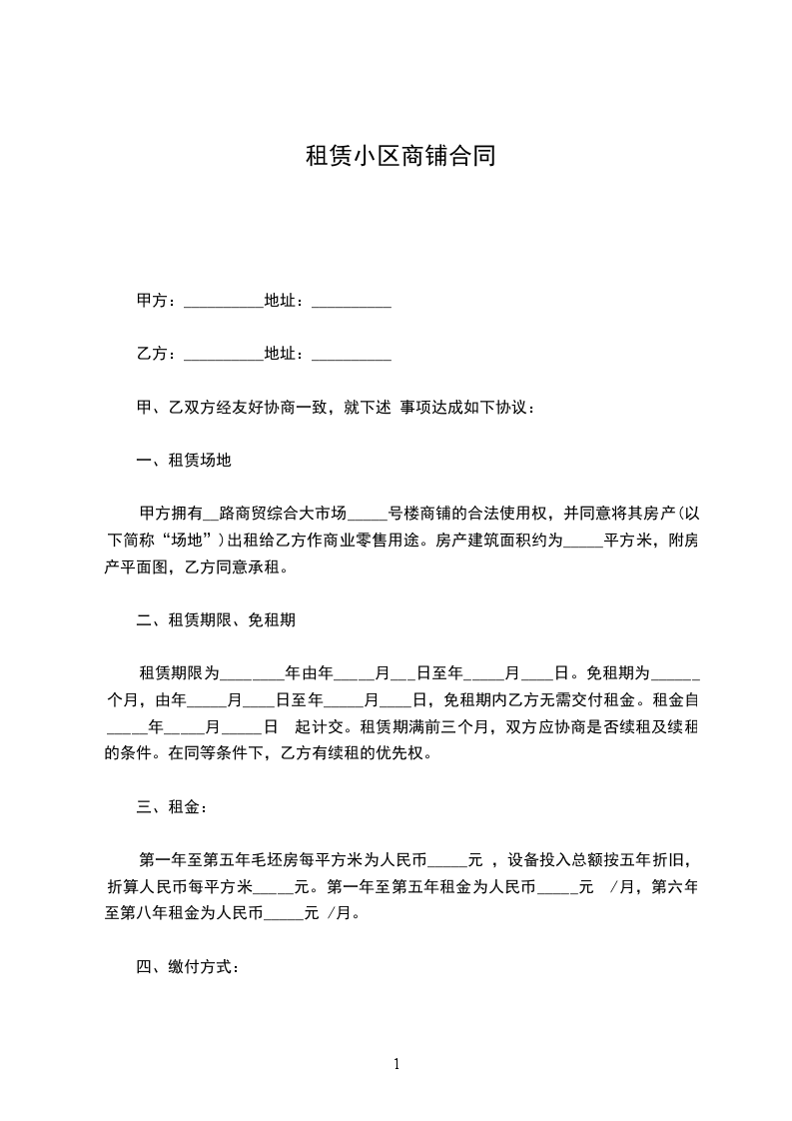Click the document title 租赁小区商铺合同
pos(399,157)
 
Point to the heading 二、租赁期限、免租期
pos(215,619)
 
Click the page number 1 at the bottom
pos(396,1064)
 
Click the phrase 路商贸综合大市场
pos(282,515)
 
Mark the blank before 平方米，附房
pos(583,544)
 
